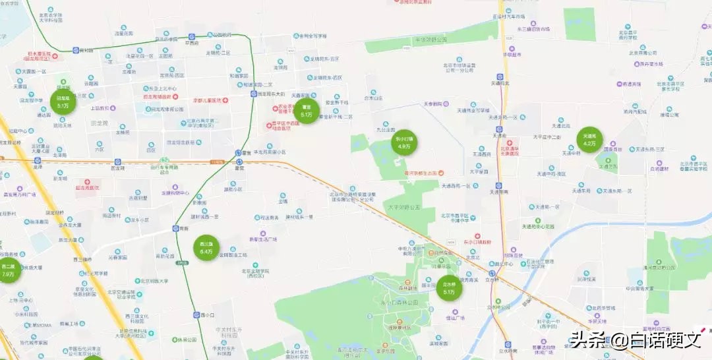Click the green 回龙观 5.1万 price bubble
[x=63, y=102]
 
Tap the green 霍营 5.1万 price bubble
[x=306, y=110]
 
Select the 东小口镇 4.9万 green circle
[x=403, y=142]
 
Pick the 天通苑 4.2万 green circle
[x=589, y=140]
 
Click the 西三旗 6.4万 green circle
[x=206, y=248]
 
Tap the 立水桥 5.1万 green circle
[x=449, y=288]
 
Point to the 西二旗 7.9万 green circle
[x=8, y=270]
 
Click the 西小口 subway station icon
[x=196, y=315]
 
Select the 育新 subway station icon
[x=176, y=228]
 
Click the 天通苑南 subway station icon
[x=500, y=185]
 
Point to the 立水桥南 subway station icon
[x=507, y=344]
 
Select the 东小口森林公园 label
[x=400, y=302]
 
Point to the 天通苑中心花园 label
[x=539, y=226]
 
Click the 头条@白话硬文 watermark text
[x=636, y=340]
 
